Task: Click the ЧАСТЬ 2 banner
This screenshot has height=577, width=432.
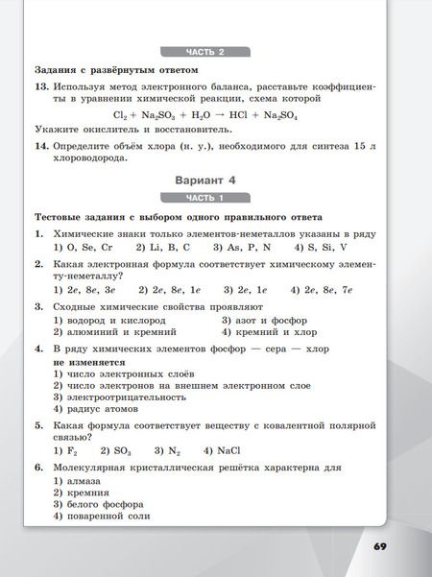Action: tap(204, 51)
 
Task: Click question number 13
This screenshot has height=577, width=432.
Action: tap(40, 86)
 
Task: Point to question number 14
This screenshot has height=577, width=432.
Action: tap(40, 146)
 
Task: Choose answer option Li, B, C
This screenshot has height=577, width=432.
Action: tap(162, 247)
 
